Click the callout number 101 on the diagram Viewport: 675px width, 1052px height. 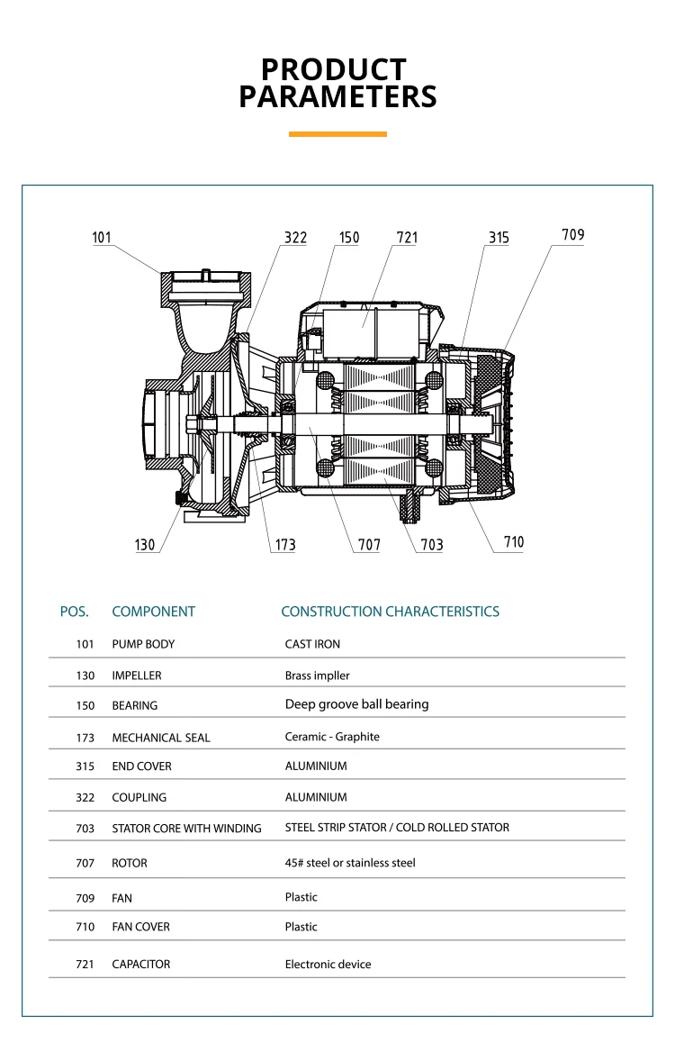(102, 238)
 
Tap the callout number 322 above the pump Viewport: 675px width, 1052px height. (295, 238)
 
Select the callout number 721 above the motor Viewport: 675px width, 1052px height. (407, 238)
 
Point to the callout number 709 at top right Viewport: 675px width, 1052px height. (572, 235)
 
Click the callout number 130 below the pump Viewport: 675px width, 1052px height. (145, 545)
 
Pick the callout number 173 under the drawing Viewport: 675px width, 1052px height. (284, 545)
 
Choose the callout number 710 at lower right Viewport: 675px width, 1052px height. (513, 542)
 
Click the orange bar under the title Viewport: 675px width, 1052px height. (337, 134)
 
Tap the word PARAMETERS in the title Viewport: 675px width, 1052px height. (337, 96)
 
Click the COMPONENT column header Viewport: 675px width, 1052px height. (153, 612)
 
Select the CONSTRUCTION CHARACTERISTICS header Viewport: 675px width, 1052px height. (390, 612)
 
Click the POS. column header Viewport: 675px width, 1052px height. (75, 612)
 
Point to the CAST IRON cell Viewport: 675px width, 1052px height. (312, 644)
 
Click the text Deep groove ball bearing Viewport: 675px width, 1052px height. (356, 704)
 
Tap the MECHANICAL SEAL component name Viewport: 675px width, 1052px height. (161, 738)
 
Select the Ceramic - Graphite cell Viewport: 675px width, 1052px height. (332, 737)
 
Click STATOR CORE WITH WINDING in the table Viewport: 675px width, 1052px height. (186, 829)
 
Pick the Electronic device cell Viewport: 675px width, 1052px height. (328, 964)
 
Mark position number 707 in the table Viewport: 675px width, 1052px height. (85, 863)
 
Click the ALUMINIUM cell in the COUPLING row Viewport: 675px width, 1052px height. (316, 797)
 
